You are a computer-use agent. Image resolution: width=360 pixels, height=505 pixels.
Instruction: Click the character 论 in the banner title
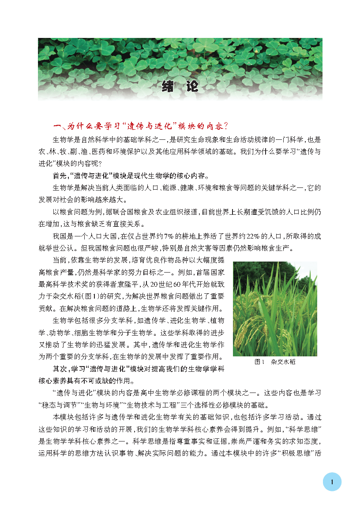coord(193,86)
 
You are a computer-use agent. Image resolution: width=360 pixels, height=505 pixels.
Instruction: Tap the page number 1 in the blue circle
coord(332,482)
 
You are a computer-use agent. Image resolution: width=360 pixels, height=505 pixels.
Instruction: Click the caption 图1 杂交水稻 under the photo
coord(275,362)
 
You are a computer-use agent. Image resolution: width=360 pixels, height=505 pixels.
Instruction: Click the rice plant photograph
coord(275,309)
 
